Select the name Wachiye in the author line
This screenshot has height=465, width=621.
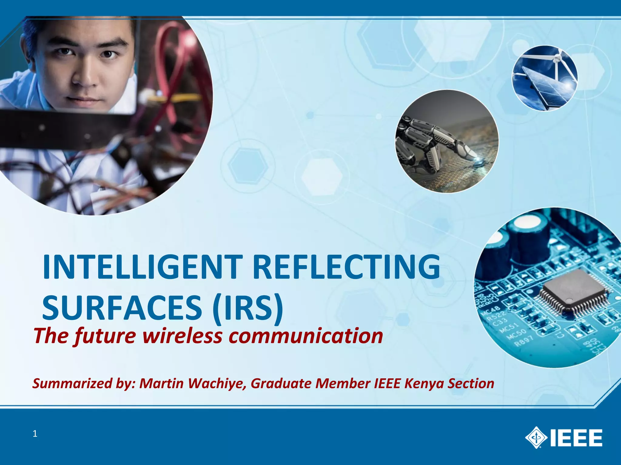point(217,383)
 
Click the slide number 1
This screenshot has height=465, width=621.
point(35,434)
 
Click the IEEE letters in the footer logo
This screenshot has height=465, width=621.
point(576,437)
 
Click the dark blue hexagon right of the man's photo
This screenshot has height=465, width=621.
point(248,166)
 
